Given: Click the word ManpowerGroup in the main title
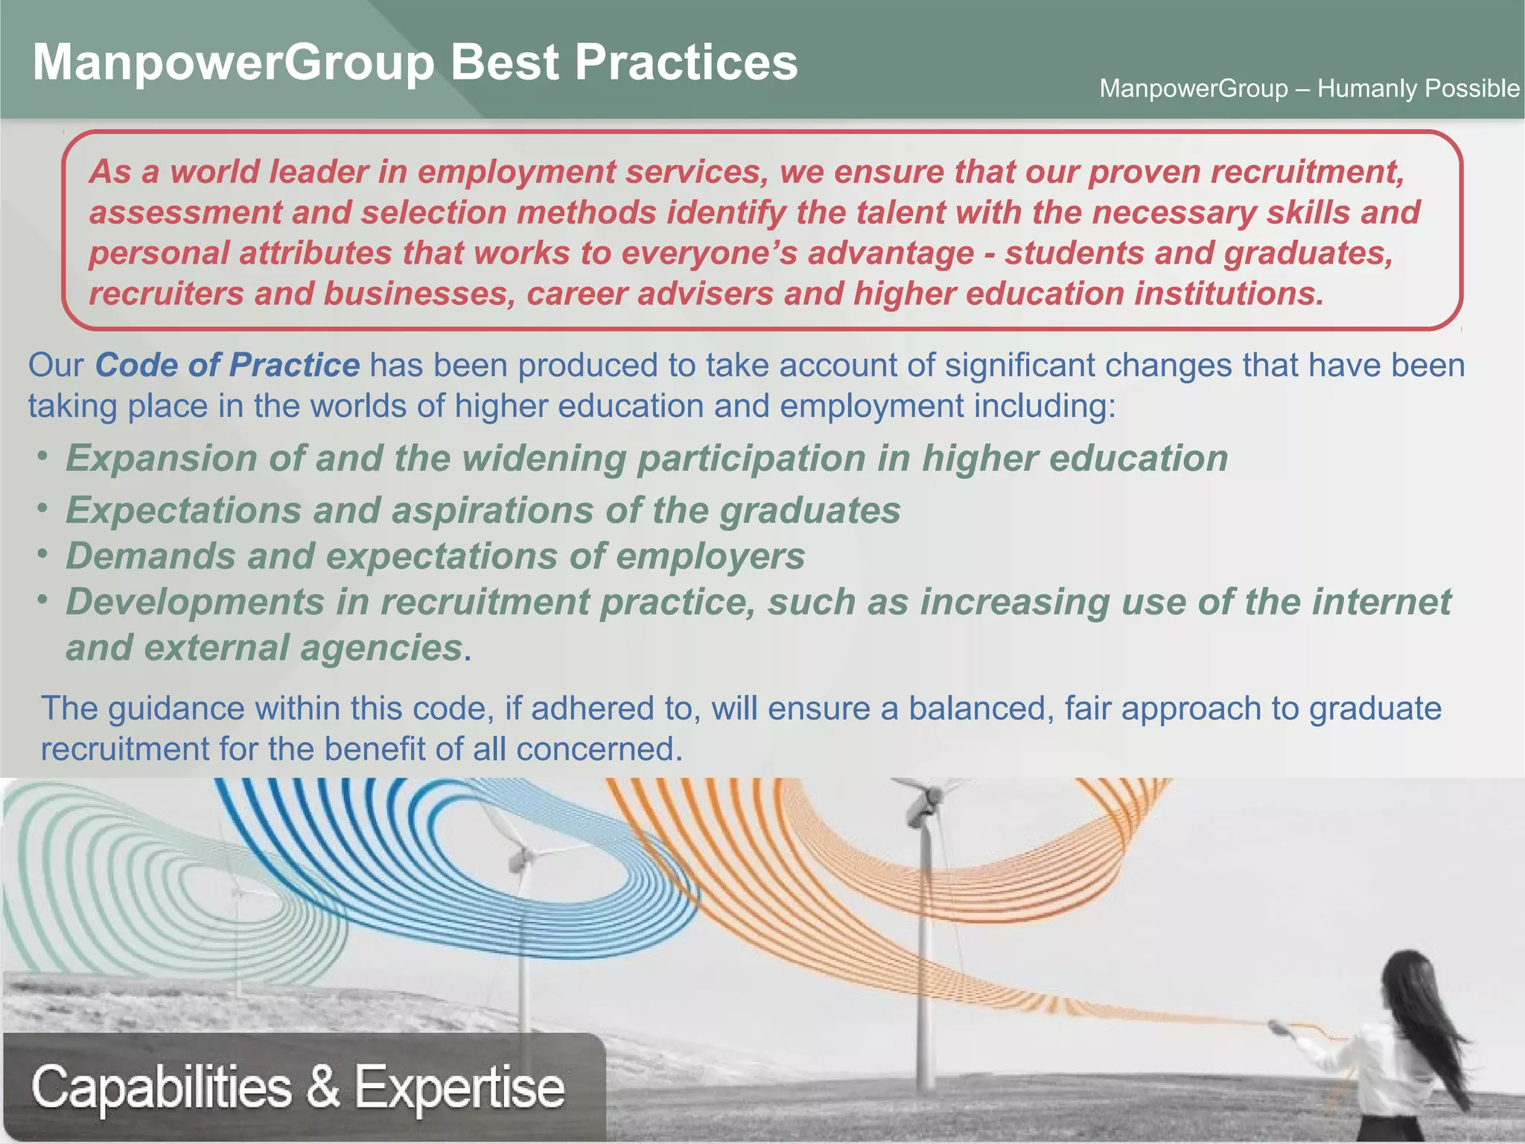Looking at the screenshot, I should [x=233, y=63].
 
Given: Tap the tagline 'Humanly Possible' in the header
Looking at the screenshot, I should [x=1418, y=89].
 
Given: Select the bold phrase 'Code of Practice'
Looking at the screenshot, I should [x=227, y=365].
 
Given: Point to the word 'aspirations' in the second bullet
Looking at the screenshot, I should [x=491, y=511].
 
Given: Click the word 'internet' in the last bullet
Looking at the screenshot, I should [x=1381, y=602].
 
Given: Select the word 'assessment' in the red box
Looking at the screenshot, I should [x=185, y=213].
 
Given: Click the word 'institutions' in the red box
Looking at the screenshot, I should [x=1229, y=294].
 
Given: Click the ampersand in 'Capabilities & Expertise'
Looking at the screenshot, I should [x=323, y=1087].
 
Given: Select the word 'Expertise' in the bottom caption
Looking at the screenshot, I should [x=459, y=1088].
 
